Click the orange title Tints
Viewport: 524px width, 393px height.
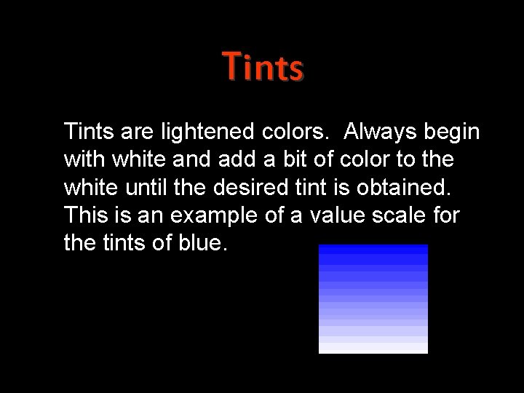click(x=263, y=67)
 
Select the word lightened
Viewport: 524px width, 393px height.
click(x=206, y=132)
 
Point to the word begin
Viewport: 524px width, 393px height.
click(x=451, y=132)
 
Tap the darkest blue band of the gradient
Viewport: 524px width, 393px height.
click(x=373, y=249)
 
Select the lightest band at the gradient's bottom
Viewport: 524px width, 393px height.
click(x=373, y=348)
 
